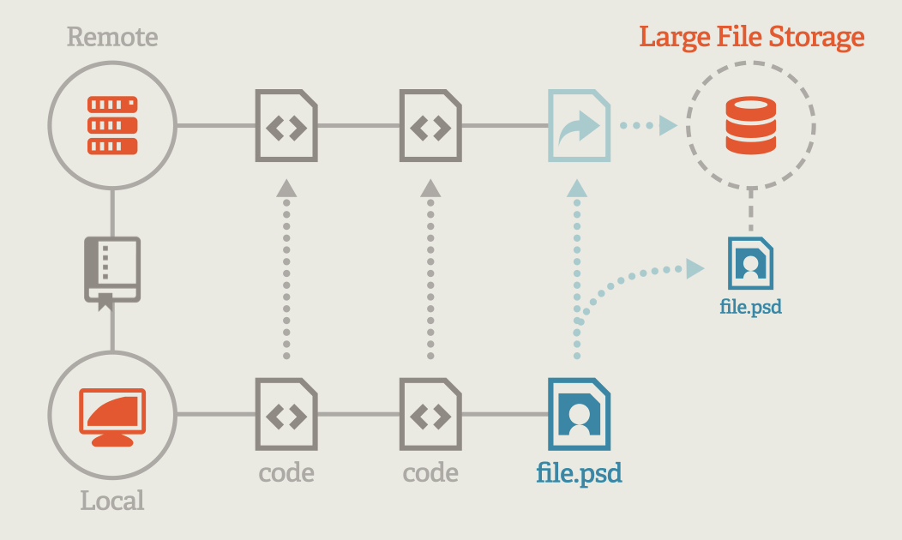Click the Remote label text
point(112,38)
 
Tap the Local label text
point(112,501)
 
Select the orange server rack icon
point(112,126)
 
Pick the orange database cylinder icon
point(750,126)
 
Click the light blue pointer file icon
point(579,127)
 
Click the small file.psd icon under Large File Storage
point(750,263)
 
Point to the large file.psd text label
point(579,472)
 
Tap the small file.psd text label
point(750,306)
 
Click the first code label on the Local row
point(286,472)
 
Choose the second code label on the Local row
point(430,472)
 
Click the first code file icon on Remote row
point(286,127)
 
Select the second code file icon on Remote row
point(430,127)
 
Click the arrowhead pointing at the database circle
point(668,127)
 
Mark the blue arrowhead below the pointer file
point(578,188)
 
